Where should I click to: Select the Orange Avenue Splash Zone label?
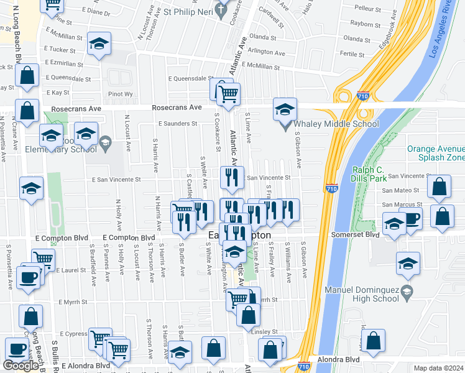436,154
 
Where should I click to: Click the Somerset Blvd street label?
363,234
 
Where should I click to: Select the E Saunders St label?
177,124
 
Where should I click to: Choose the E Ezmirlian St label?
64,64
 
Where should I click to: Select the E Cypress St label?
70,334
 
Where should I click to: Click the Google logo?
21,366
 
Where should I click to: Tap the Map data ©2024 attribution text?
439,368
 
